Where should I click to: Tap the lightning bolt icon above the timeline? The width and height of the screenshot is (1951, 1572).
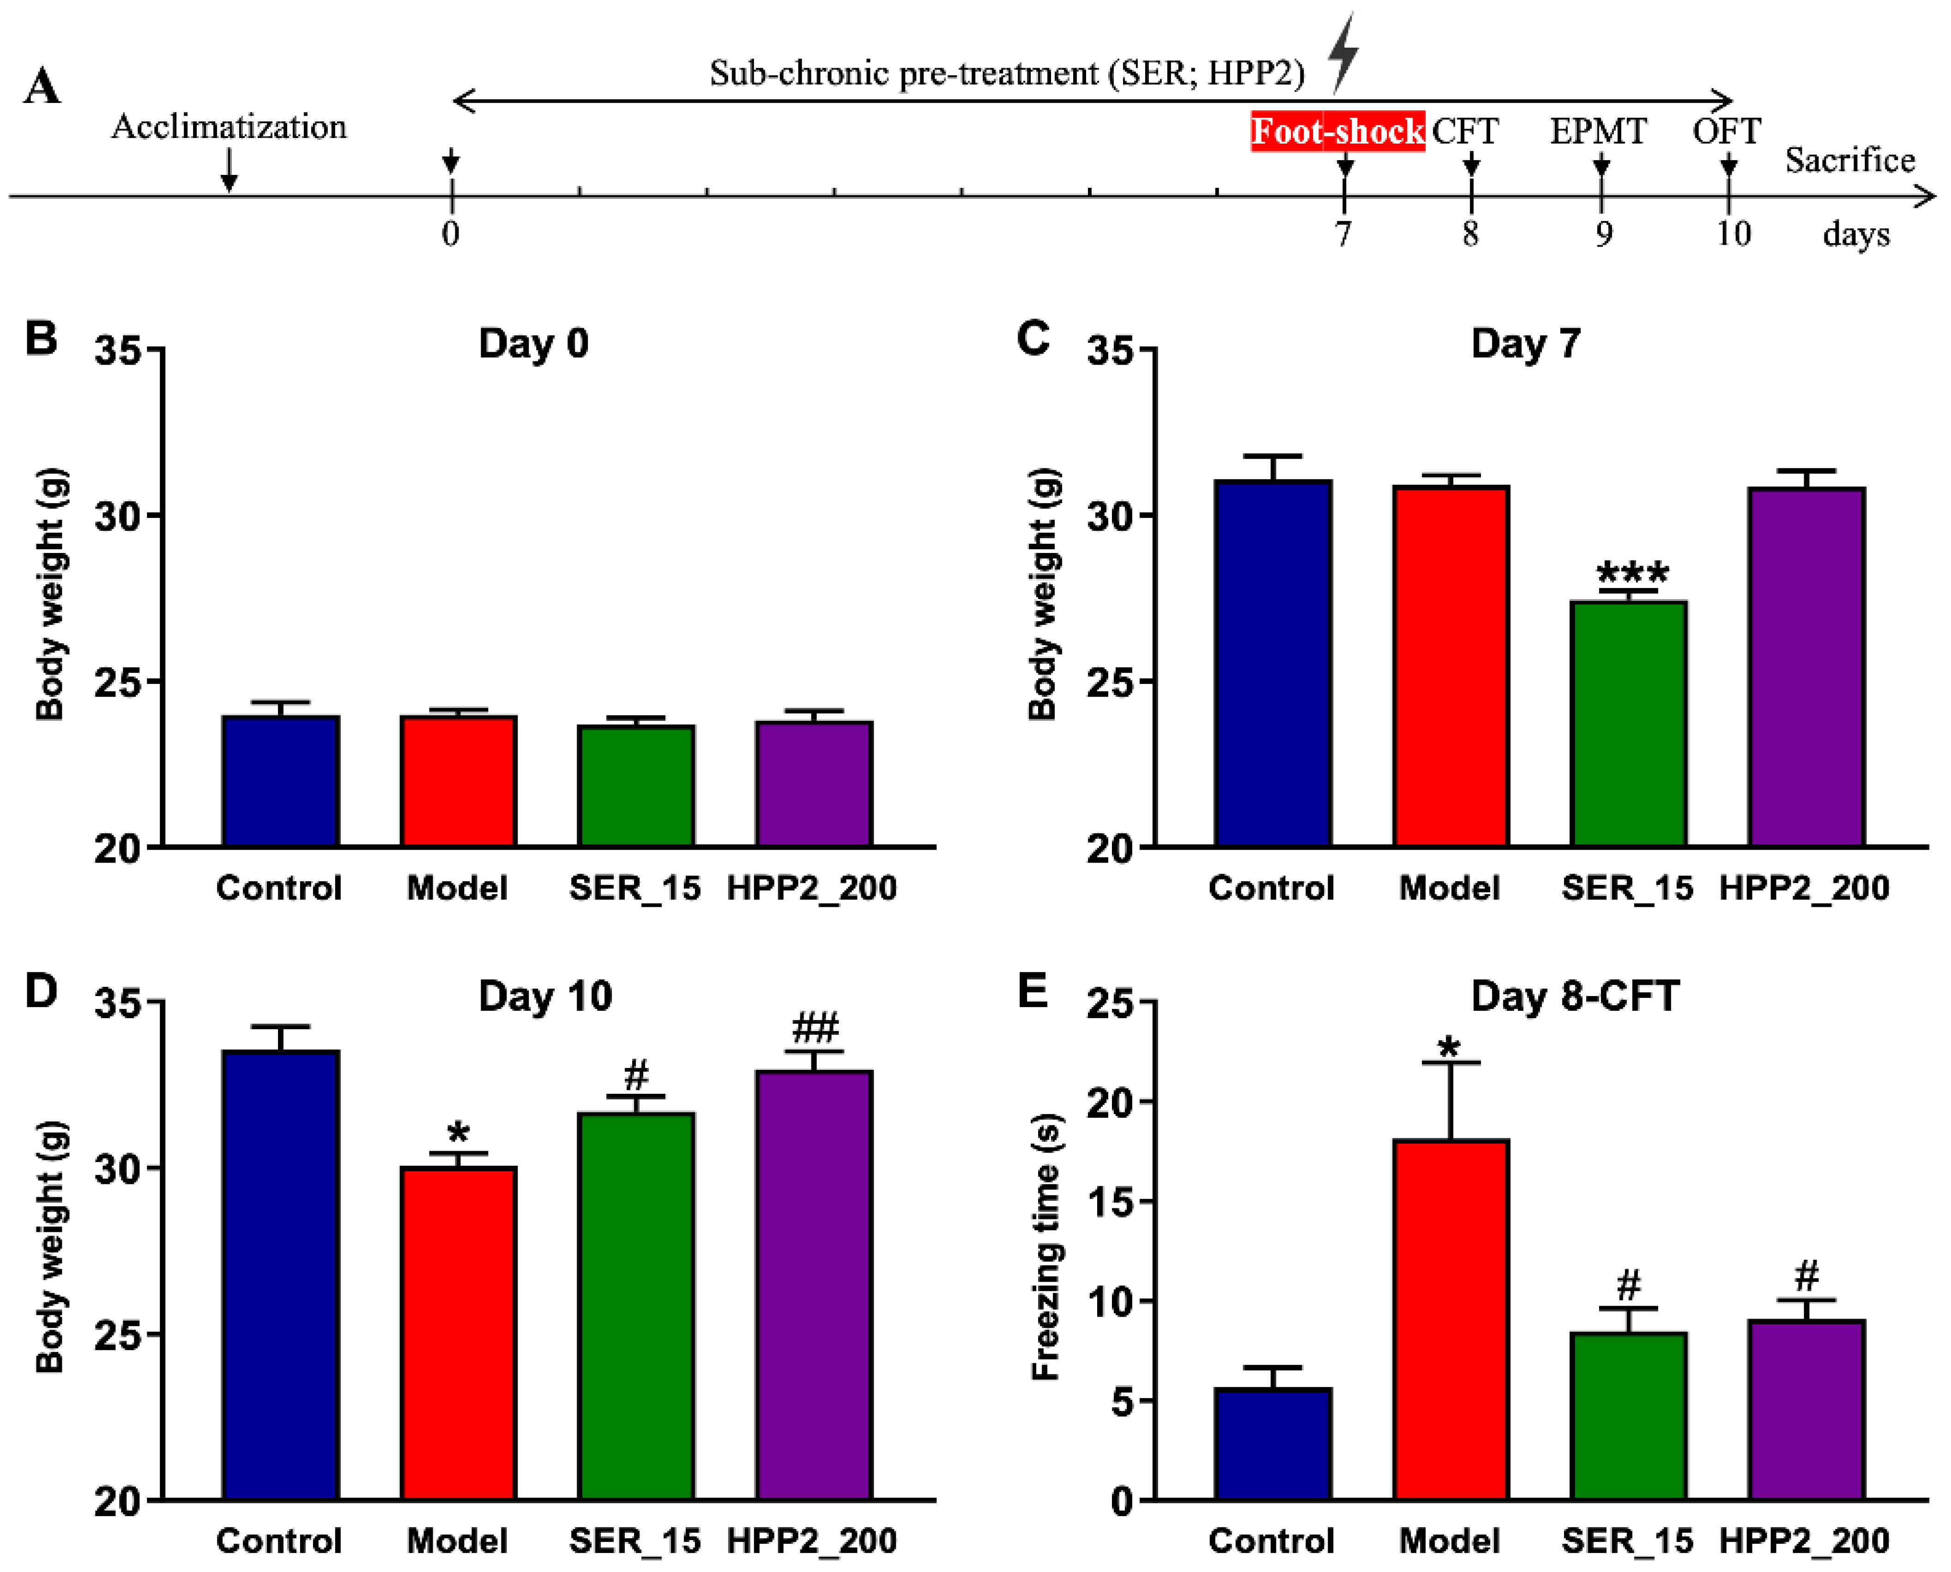1344,53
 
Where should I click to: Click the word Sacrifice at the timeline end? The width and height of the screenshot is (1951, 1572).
1849,160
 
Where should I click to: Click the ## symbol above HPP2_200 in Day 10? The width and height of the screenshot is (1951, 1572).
815,1028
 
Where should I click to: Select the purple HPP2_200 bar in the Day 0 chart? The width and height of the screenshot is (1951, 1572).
813,783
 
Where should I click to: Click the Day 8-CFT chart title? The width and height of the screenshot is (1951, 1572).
1574,996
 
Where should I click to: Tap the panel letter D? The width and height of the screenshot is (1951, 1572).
41,991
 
